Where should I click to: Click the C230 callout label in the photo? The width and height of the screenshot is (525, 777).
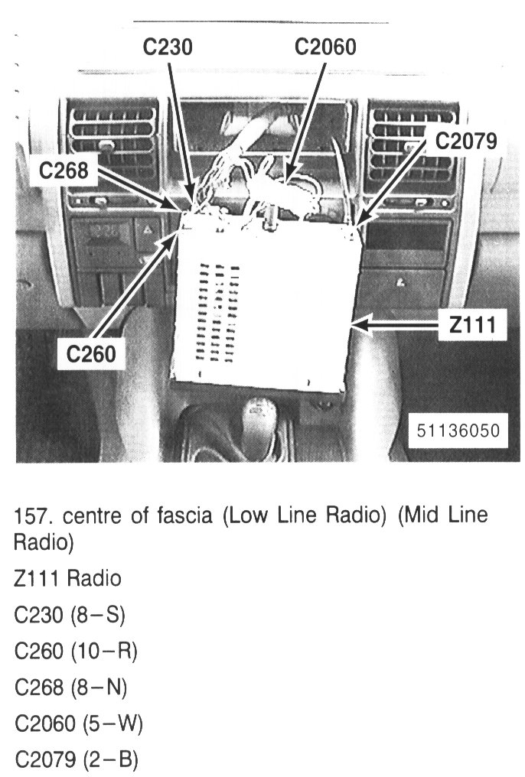168,47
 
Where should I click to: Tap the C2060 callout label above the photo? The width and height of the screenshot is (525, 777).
325,47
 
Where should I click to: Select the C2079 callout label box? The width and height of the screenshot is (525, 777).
465,141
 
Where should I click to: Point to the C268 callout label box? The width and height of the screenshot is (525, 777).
64,171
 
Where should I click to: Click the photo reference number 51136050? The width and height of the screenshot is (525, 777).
458,430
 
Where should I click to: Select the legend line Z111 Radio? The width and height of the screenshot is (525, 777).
67,579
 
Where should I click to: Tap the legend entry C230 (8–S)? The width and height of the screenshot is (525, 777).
70,614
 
